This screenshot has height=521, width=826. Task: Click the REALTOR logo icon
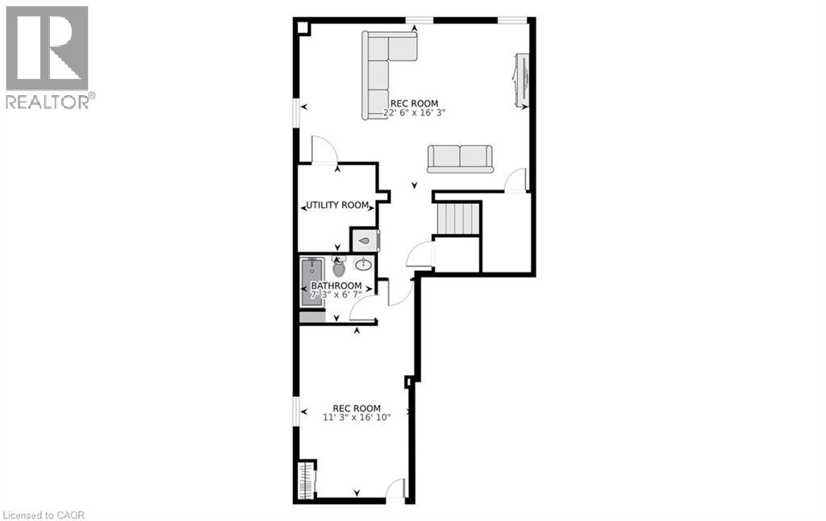coord(47,48)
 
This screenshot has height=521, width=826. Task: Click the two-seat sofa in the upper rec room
coord(459,158)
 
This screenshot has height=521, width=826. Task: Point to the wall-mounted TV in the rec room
coord(520,80)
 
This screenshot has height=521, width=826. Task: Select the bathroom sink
coord(364,264)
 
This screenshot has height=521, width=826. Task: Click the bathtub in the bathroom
coord(312,281)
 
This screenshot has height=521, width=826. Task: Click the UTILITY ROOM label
coord(337,206)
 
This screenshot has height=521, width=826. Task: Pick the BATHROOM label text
coord(336,286)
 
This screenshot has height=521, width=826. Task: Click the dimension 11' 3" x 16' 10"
coord(357,418)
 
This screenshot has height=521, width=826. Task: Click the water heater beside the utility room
coord(364,240)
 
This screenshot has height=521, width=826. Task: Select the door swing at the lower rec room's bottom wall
coord(395,490)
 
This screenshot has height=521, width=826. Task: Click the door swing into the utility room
coord(323,150)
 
